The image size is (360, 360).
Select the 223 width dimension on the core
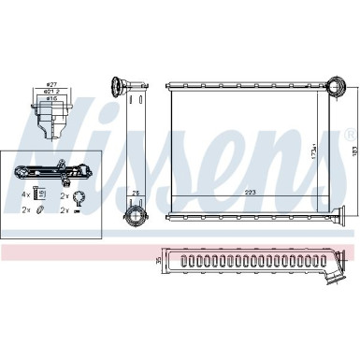pos(251,194)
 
